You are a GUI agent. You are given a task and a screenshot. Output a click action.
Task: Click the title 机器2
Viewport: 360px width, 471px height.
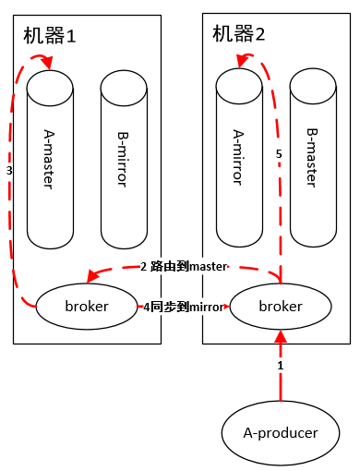pos(239,35)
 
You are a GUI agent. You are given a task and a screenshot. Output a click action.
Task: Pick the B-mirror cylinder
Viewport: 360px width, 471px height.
pos(126,157)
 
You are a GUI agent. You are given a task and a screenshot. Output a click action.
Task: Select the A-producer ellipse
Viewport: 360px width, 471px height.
pos(279,432)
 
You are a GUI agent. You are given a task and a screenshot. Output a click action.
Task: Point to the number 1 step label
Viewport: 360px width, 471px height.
pos(281,367)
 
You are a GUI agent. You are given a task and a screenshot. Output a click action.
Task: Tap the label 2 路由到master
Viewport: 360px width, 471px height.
pos(184,267)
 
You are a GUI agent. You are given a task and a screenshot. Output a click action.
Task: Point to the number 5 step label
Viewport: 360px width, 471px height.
pos(279,154)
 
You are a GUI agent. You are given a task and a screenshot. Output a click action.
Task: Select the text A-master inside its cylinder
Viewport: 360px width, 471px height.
pos(51,157)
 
